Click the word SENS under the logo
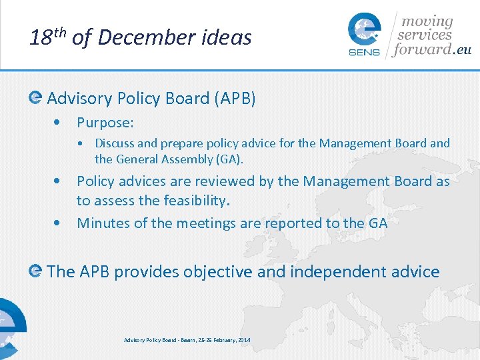click(364, 53)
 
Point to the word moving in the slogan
click(426, 22)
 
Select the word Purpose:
click(105, 123)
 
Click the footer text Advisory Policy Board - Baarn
click(161, 341)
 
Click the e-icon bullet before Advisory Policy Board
click(36, 98)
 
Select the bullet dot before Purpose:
click(60, 123)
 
